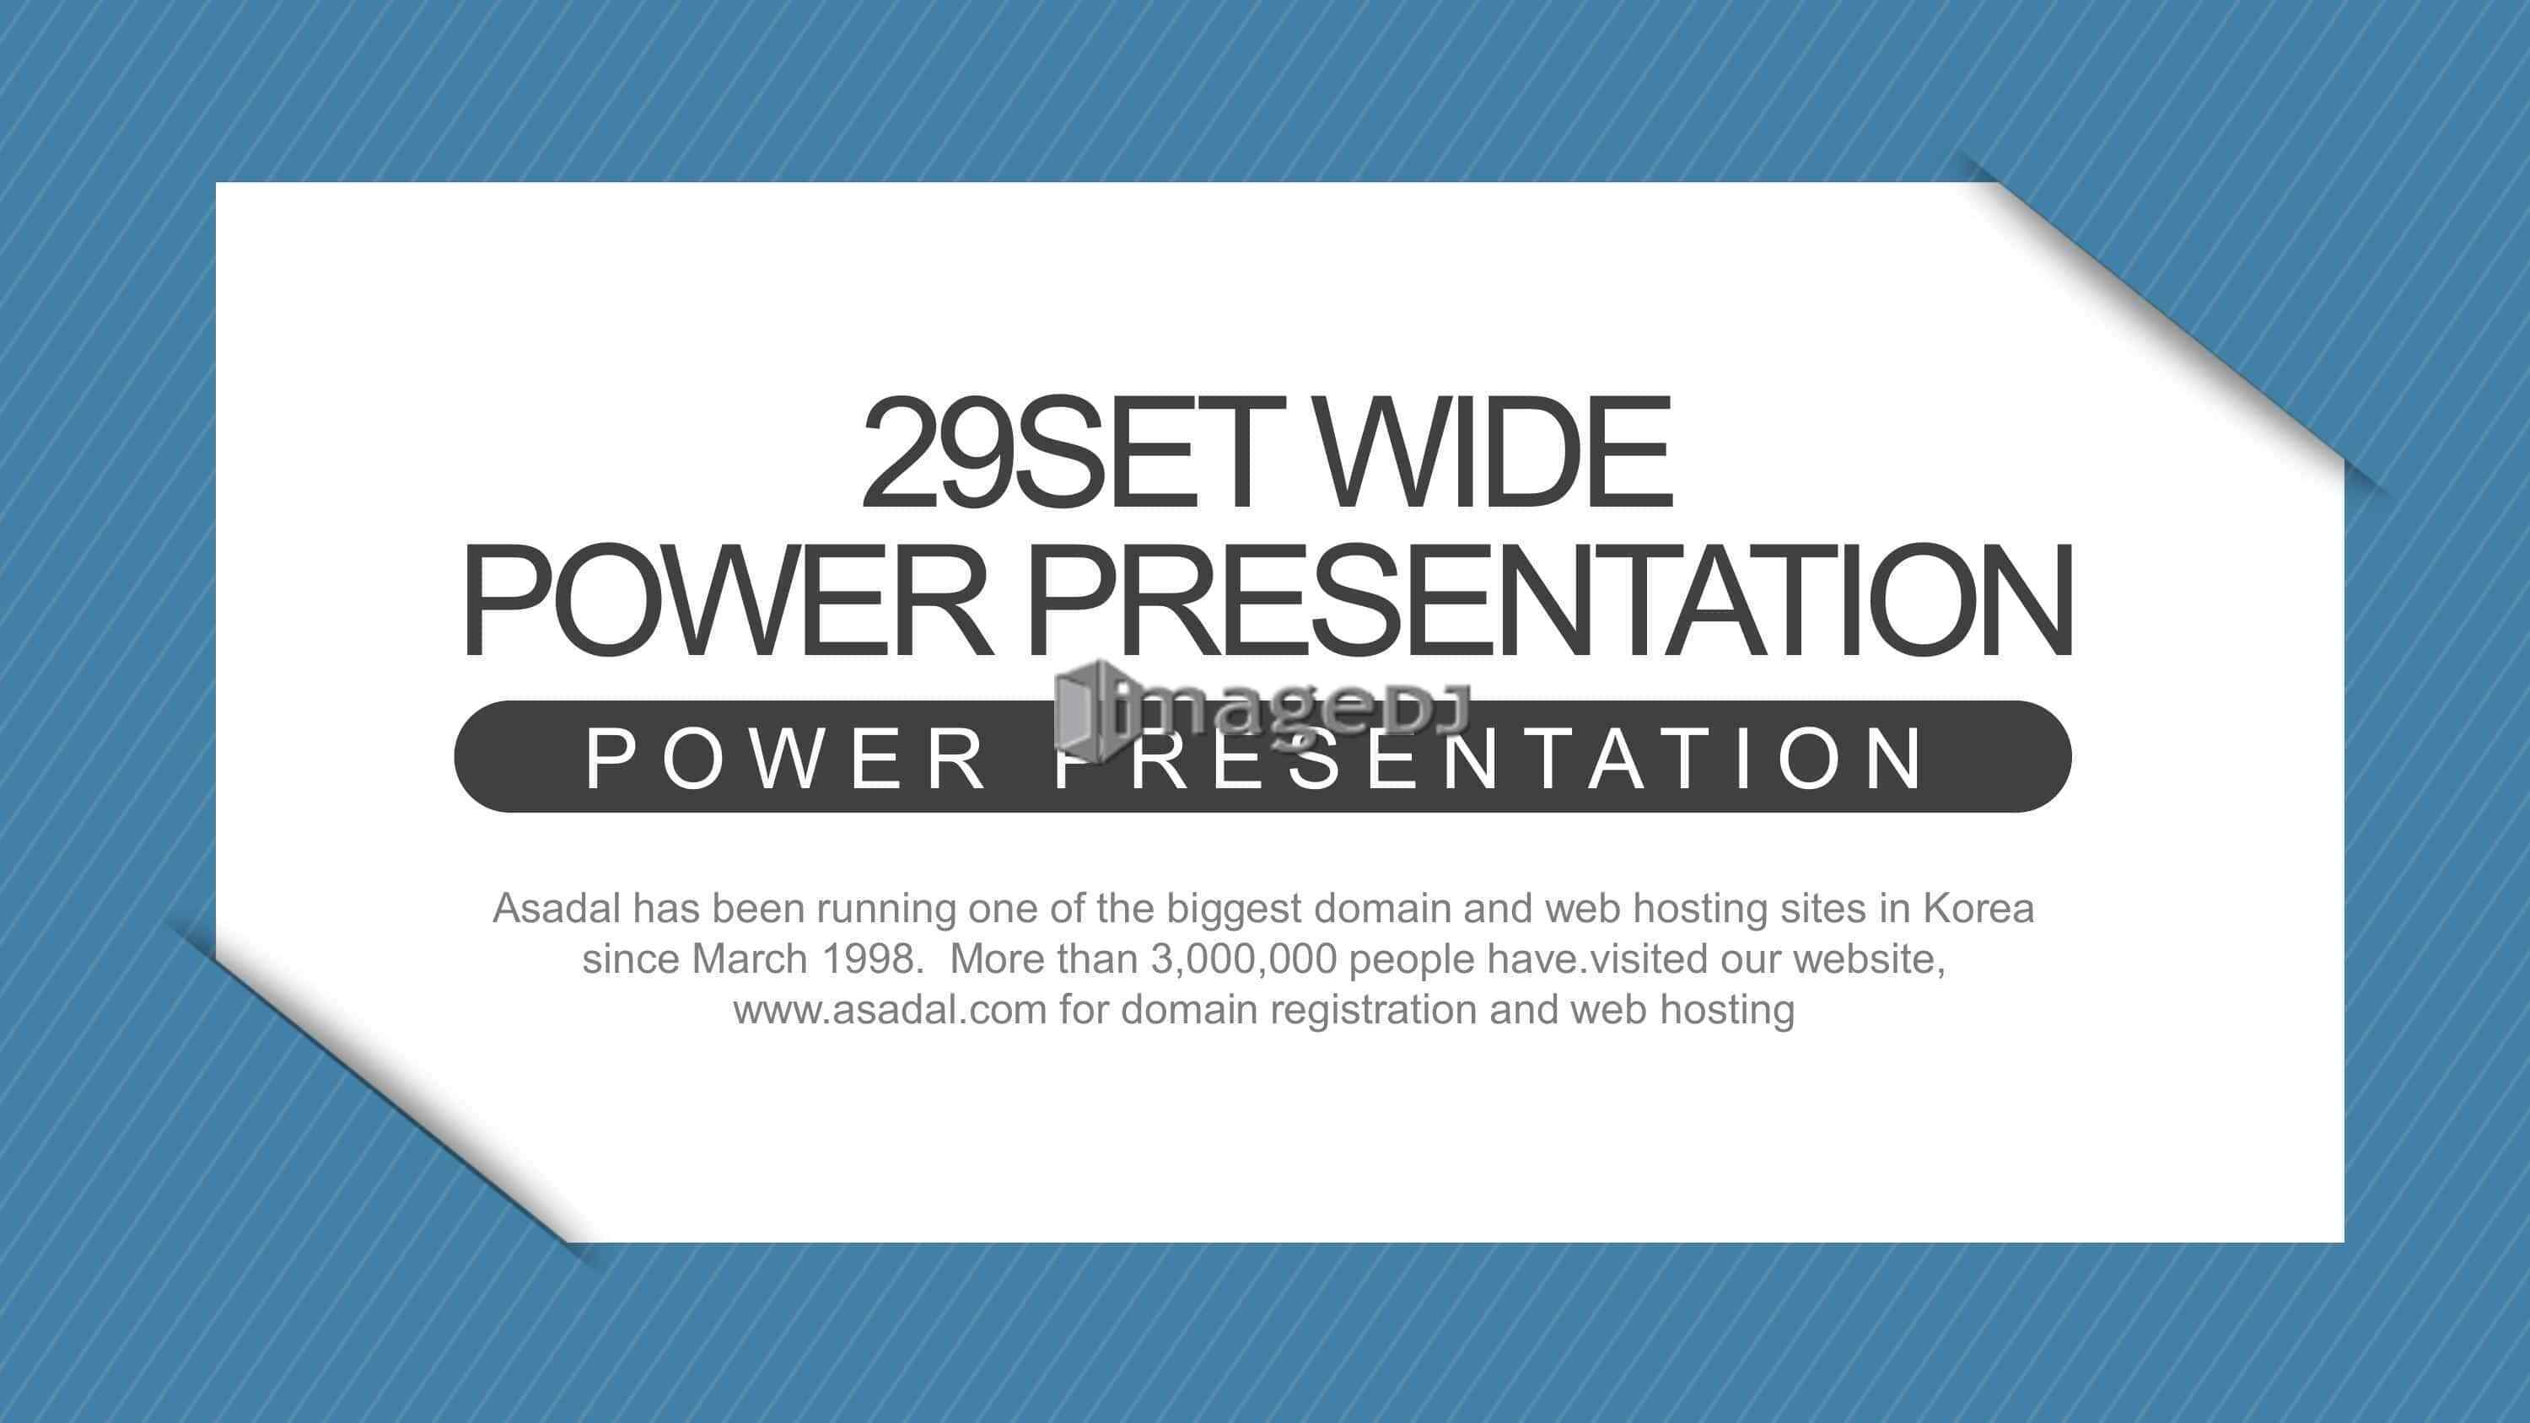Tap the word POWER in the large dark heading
pos(728,600)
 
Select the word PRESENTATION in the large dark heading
pos(1550,600)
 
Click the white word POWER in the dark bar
pos(787,758)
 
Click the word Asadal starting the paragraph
pos(557,909)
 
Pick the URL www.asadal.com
pos(890,1010)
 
